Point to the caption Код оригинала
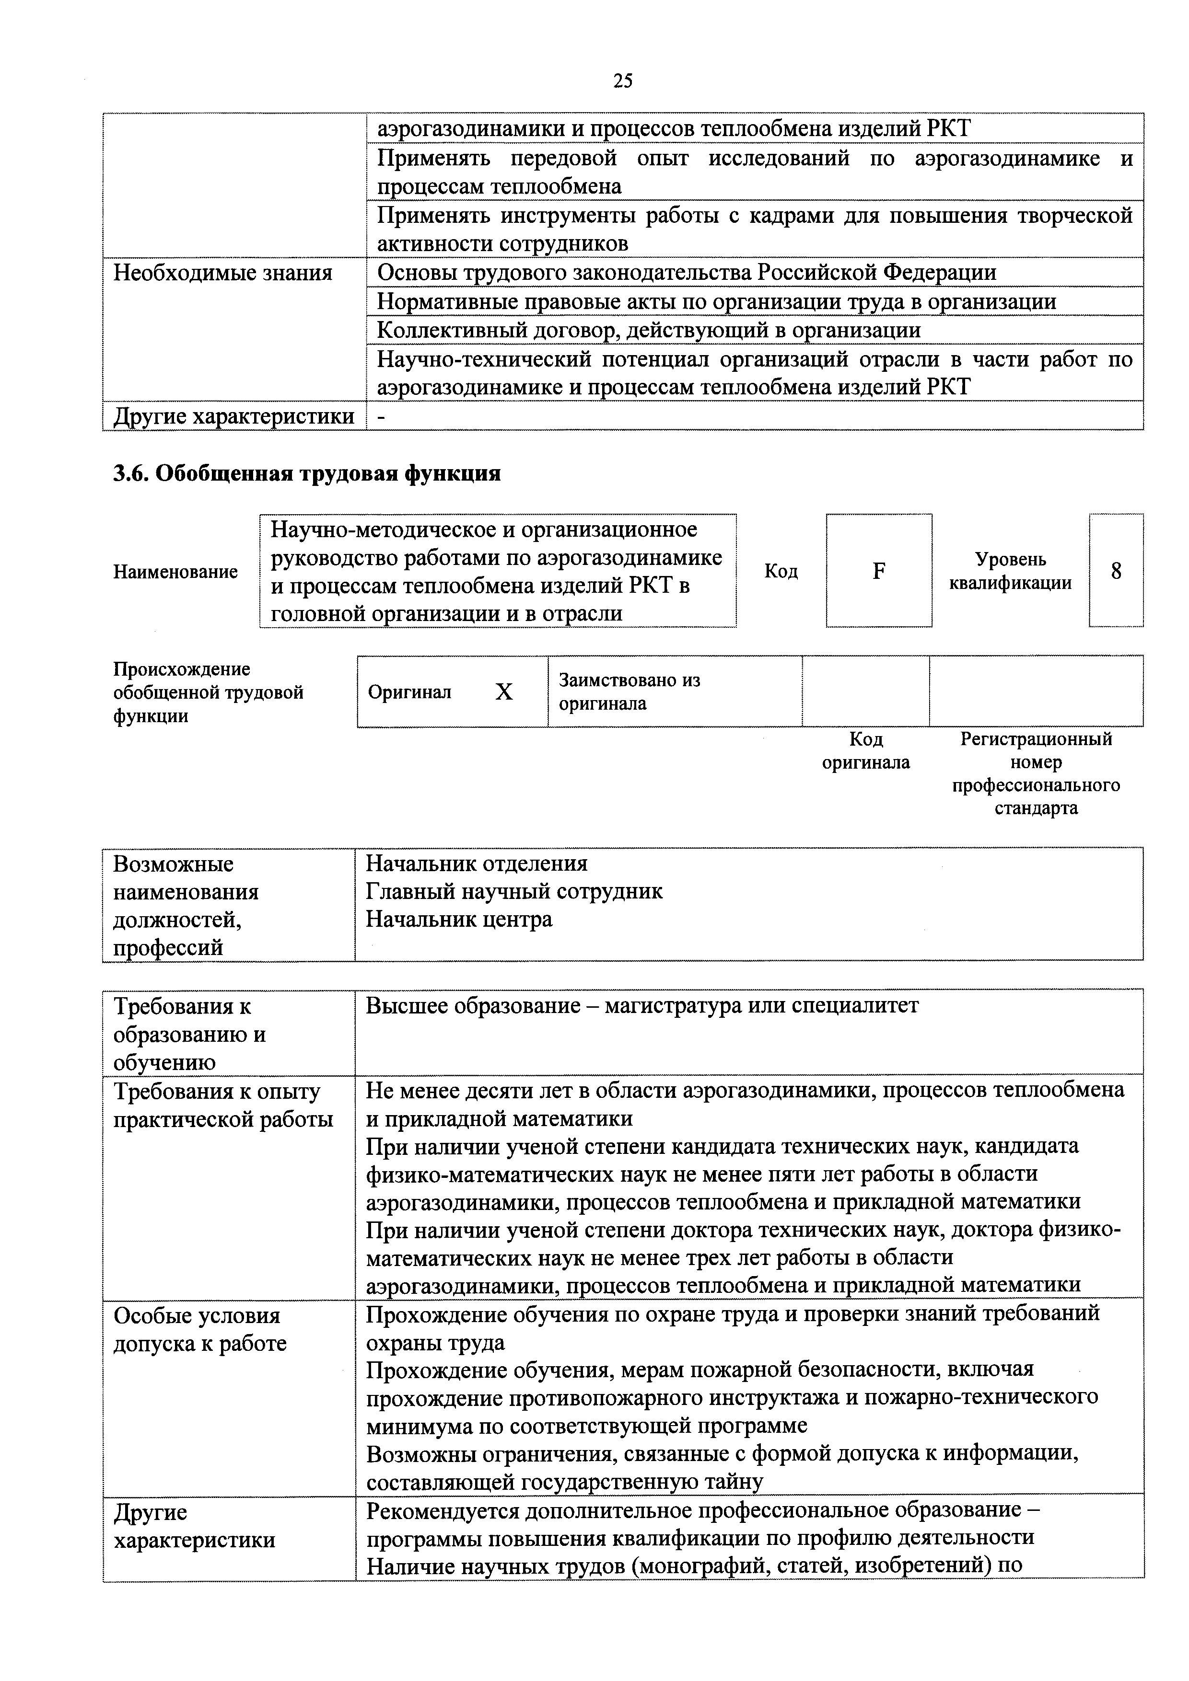tap(865, 750)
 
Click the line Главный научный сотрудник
tap(513, 891)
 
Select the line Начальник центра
tap(459, 919)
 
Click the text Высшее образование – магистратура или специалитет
tap(642, 1005)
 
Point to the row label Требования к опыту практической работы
tap(223, 1105)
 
